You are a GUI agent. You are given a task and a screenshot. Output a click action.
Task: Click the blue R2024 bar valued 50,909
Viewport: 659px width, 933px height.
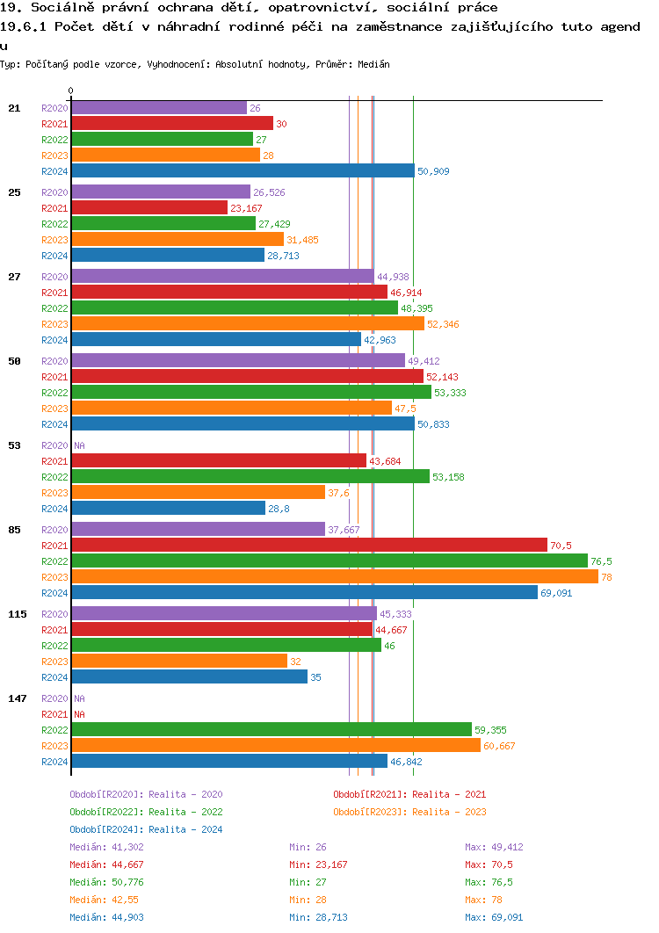click(243, 171)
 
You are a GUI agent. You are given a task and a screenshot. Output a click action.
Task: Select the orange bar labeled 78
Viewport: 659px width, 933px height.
click(335, 576)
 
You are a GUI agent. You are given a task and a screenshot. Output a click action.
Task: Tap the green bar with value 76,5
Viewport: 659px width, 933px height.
click(329, 561)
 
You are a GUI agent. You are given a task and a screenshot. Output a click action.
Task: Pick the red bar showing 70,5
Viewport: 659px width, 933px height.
click(309, 545)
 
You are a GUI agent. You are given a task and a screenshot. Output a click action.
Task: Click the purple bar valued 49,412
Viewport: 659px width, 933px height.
click(238, 361)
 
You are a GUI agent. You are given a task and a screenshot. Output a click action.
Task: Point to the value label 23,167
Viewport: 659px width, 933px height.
click(246, 208)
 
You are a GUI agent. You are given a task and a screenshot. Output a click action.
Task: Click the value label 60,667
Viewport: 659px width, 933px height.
click(499, 746)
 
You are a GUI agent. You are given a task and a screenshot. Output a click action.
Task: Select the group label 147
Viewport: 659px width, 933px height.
click(17, 698)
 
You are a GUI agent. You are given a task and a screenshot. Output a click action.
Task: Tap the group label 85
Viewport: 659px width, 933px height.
click(14, 530)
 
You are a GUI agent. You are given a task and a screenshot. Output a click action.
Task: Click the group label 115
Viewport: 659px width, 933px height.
click(17, 614)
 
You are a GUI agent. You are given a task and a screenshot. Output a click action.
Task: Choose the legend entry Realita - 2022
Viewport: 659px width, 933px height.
click(146, 812)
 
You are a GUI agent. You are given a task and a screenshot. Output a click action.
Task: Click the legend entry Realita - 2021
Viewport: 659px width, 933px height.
click(409, 794)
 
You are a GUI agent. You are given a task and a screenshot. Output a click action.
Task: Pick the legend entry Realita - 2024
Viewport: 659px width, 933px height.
click(146, 829)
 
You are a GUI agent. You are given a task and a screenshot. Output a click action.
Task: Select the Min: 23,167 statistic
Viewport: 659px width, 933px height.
click(318, 864)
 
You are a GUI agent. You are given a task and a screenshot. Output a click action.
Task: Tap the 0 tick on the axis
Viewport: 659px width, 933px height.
click(71, 90)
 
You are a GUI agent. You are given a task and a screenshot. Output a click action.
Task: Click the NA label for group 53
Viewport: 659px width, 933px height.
click(79, 445)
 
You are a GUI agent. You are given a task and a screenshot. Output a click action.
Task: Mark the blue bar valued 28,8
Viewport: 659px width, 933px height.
click(168, 508)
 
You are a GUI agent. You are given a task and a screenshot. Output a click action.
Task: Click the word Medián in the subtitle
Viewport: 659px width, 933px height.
click(374, 65)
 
